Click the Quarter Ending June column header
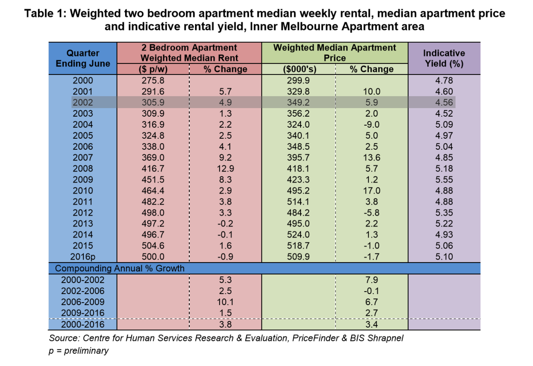pyautogui.click(x=83, y=58)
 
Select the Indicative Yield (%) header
pyautogui.click(x=444, y=58)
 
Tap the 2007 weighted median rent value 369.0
pyautogui.click(x=152, y=157)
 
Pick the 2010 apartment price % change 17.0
pyautogui.click(x=371, y=191)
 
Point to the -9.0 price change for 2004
pyautogui.click(x=371, y=124)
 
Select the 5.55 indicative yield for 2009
pyautogui.click(x=444, y=180)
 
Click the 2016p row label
pyautogui.click(x=83, y=257)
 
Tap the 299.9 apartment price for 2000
pyautogui.click(x=299, y=80)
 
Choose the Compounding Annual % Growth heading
pyautogui.click(x=120, y=269)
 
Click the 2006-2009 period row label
pyautogui.click(x=83, y=302)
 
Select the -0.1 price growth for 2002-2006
pyautogui.click(x=371, y=291)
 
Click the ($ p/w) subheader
pyautogui.click(x=152, y=69)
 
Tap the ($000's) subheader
pyautogui.click(x=300, y=69)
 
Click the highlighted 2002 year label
pyautogui.click(x=83, y=102)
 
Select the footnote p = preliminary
pyautogui.click(x=78, y=351)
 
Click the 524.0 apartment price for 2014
pyautogui.click(x=299, y=234)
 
